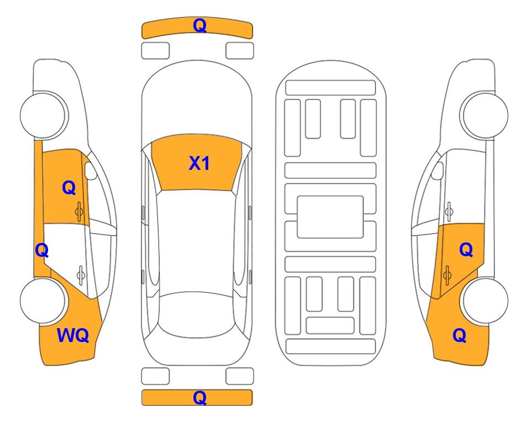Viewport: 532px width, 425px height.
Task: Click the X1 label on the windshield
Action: click(x=199, y=163)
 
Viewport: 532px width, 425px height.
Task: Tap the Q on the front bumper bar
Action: click(x=199, y=25)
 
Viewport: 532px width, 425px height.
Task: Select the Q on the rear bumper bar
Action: click(x=199, y=397)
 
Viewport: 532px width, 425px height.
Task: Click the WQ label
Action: click(x=73, y=335)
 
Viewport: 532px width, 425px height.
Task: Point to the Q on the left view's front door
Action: click(x=69, y=188)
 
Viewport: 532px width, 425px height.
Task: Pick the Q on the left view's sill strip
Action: click(x=42, y=250)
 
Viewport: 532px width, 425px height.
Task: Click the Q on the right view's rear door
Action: click(x=466, y=250)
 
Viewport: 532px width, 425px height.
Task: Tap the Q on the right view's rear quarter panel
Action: click(x=460, y=335)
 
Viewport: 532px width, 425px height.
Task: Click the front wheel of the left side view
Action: click(x=43, y=115)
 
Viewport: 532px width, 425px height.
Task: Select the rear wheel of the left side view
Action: click(x=43, y=300)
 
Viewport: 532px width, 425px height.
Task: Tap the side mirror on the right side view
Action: click(x=437, y=170)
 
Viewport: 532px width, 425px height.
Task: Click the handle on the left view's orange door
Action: click(x=79, y=211)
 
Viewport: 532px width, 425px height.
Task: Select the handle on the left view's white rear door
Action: click(x=81, y=274)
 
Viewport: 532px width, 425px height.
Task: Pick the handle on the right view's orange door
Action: click(x=447, y=274)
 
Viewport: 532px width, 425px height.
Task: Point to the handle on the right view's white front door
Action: click(x=449, y=211)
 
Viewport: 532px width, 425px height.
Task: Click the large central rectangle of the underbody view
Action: click(x=330, y=217)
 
